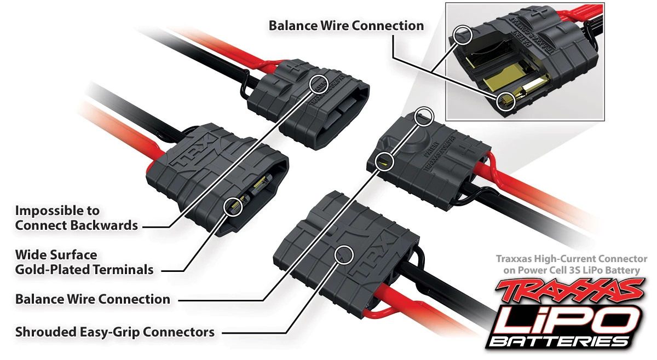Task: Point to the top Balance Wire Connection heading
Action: pyautogui.click(x=346, y=26)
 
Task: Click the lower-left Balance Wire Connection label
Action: pyautogui.click(x=93, y=299)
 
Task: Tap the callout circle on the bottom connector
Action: pyautogui.click(x=344, y=253)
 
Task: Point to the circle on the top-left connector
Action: pyautogui.click(x=319, y=83)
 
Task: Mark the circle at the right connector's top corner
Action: pyautogui.click(x=424, y=116)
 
